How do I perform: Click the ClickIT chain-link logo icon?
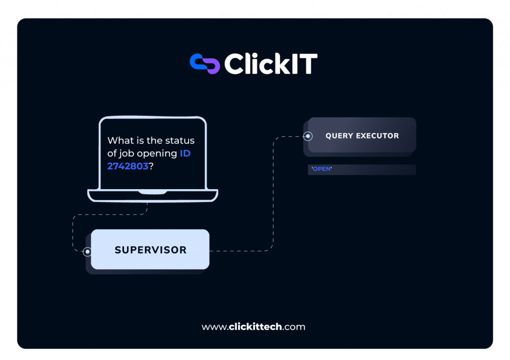click(205, 64)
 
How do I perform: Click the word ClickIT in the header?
click(271, 64)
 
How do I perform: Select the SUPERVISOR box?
click(150, 249)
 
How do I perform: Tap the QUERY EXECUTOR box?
click(362, 135)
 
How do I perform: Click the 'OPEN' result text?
click(322, 169)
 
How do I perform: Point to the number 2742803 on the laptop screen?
click(128, 166)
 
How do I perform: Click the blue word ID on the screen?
click(185, 153)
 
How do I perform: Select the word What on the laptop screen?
click(121, 140)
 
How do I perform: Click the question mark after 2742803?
click(151, 166)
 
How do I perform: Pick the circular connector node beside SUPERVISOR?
click(87, 251)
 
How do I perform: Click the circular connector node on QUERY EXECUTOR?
click(308, 136)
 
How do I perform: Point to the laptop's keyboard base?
click(152, 196)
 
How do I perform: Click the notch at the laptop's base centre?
click(152, 193)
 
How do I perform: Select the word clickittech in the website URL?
click(255, 327)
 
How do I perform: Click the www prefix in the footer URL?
click(214, 328)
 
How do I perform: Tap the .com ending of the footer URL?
click(294, 328)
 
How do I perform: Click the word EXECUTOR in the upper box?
click(378, 135)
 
